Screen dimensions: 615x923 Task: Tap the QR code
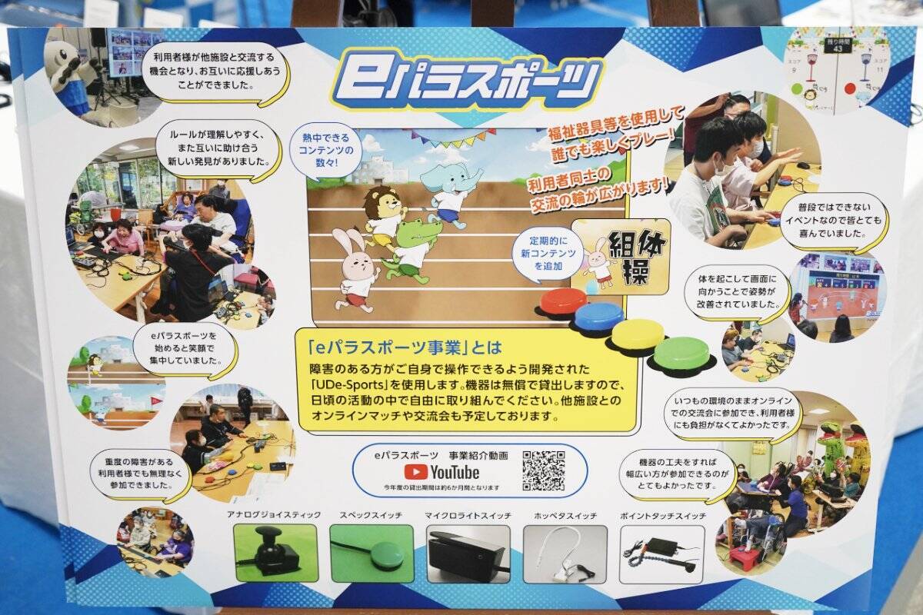point(543,470)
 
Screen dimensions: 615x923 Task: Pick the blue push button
point(599,315)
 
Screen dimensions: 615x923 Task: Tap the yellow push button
point(638,334)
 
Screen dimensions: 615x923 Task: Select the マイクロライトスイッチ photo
point(468,553)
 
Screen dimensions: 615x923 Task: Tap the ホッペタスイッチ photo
point(565,553)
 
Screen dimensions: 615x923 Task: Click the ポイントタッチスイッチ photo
point(661,553)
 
